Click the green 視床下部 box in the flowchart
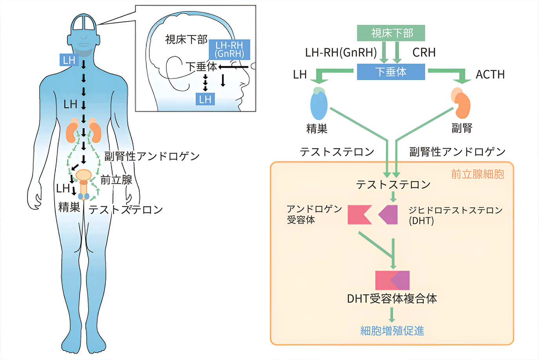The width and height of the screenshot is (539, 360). [x=391, y=33]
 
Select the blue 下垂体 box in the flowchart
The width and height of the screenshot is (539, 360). [x=391, y=72]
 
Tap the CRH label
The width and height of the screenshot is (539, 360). [x=424, y=53]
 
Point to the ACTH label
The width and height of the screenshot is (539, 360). [x=490, y=75]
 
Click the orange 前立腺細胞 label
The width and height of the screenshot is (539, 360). [x=477, y=174]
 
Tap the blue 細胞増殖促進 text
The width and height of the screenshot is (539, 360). [x=392, y=331]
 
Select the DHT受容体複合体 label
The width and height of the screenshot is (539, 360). [x=392, y=299]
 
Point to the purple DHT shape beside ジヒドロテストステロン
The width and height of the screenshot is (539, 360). [x=389, y=215]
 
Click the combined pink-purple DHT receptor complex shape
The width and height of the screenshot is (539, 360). [x=392, y=280]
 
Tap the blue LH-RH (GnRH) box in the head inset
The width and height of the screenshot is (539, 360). [x=229, y=49]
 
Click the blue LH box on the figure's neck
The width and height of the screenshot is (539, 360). [x=69, y=60]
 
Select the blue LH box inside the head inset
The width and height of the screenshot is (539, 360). [x=205, y=99]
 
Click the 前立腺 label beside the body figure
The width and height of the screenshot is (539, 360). [x=116, y=180]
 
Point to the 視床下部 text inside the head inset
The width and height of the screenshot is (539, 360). [x=186, y=40]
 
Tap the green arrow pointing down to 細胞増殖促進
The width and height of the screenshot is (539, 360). [x=392, y=315]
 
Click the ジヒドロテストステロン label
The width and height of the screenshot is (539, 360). [x=456, y=211]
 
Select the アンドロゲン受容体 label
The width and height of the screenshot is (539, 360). [x=314, y=214]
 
